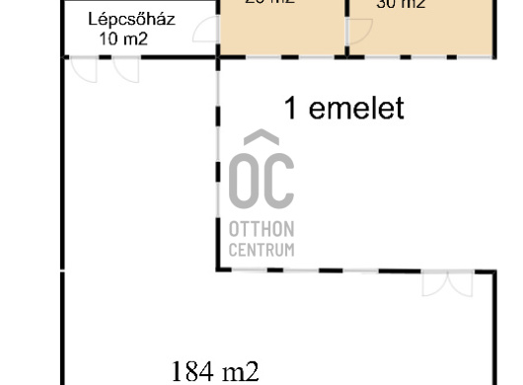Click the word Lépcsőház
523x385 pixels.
point(128,20)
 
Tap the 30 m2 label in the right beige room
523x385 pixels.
point(401,5)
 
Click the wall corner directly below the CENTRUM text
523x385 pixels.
point(218,269)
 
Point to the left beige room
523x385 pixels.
point(281,28)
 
